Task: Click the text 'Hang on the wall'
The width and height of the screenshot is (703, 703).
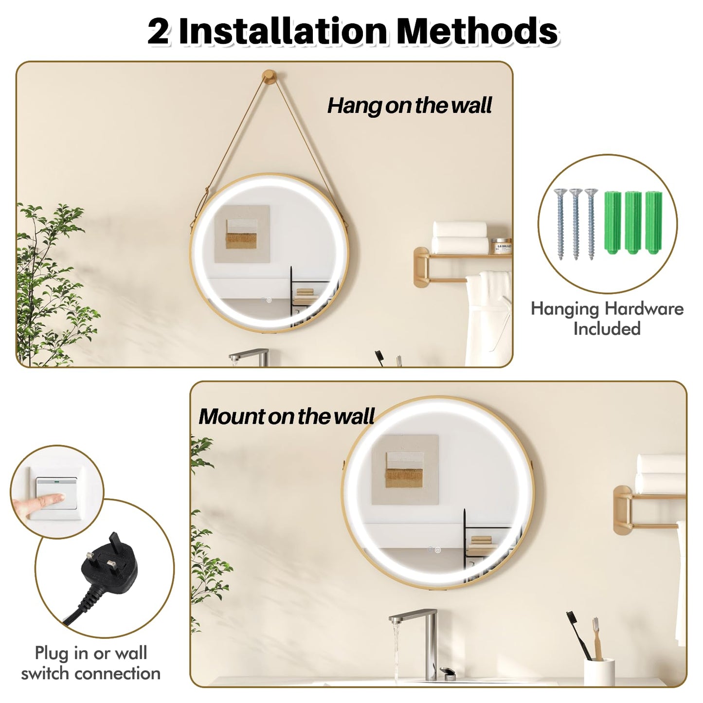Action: [409, 106]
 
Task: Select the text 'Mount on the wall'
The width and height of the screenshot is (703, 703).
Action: [287, 416]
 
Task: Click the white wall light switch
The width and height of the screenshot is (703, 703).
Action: [57, 493]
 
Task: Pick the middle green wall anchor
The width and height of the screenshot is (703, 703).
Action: [632, 222]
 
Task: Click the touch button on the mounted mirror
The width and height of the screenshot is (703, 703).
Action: [437, 550]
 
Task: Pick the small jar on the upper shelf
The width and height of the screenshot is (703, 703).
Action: [502, 246]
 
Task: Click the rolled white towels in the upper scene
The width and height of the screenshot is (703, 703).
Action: [460, 237]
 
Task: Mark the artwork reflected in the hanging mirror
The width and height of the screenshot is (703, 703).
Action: [242, 234]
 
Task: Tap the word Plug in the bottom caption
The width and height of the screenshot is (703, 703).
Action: [53, 653]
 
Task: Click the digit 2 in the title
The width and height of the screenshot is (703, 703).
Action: [159, 32]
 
